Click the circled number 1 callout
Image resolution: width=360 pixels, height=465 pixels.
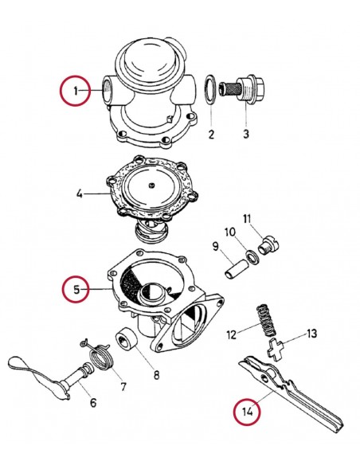tap(76, 92)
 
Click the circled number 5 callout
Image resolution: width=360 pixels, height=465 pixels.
tap(77, 290)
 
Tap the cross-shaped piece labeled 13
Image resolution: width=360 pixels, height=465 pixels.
tap(275, 349)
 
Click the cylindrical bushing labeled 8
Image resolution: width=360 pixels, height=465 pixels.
tap(128, 340)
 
